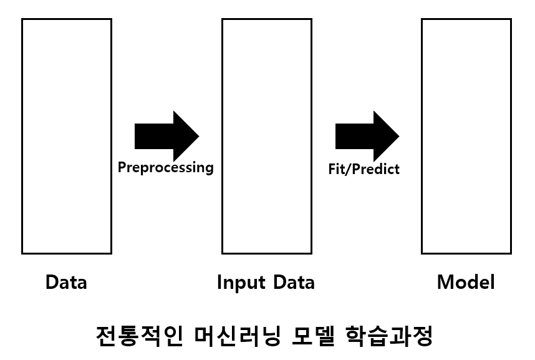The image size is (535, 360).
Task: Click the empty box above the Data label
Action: tap(67, 136)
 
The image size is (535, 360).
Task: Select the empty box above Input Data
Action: tap(267, 136)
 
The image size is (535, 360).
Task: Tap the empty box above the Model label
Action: tap(466, 136)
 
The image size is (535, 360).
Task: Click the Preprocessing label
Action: tap(166, 168)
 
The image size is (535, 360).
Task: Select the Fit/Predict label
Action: tap(364, 168)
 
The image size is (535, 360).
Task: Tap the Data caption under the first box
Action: tap(66, 283)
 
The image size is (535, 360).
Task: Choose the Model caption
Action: tap(466, 283)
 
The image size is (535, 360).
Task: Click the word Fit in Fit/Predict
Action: tap(337, 168)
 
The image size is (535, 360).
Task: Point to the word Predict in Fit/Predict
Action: tap(377, 168)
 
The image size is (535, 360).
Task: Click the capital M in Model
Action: tap(445, 283)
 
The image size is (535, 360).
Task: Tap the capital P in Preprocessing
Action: tap(122, 167)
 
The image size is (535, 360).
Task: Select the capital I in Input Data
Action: tap(219, 283)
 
